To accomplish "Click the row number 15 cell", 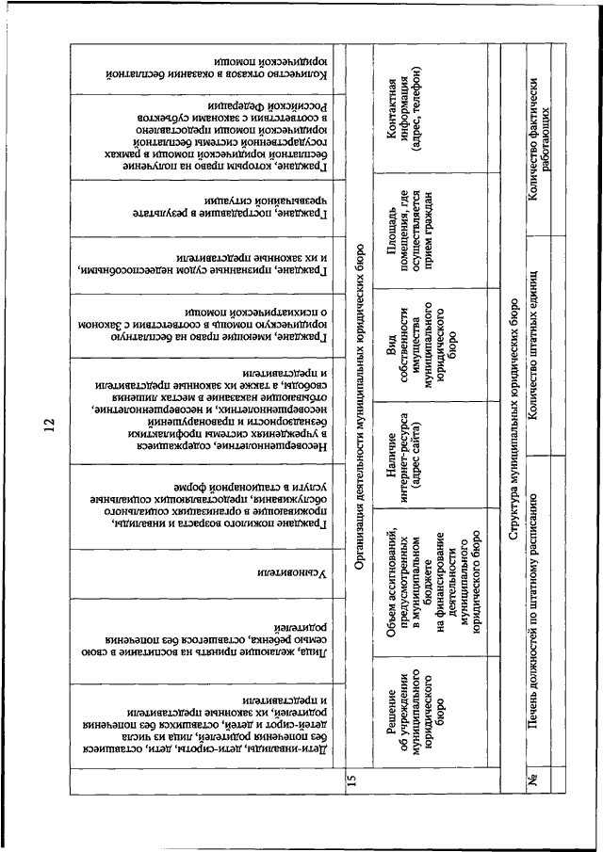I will pos(350,778).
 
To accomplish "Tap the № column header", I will pos(533,779).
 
